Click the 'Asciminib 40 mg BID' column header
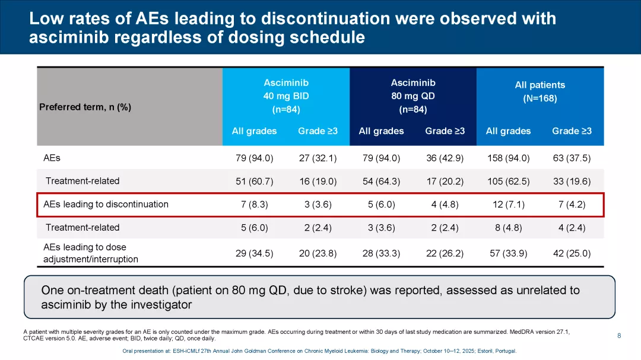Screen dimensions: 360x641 (285, 96)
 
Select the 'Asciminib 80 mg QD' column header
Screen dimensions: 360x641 (412, 96)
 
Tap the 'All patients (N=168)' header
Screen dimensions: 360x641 (540, 92)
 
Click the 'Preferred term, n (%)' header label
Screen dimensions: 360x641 (85, 107)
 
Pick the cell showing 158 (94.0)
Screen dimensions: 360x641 (507, 158)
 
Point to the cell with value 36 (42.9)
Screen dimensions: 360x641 (445, 158)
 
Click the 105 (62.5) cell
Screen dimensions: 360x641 (507, 181)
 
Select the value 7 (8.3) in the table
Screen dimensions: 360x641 (254, 205)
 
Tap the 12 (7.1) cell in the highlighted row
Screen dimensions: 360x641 (507, 205)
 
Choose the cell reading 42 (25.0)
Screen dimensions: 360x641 (571, 253)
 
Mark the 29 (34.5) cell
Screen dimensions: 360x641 (254, 253)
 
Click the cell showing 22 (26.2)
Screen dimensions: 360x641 (445, 253)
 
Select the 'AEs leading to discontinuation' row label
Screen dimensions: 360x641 (106, 205)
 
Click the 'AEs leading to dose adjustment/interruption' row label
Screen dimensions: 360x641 (91, 253)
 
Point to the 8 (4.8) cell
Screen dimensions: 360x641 (507, 228)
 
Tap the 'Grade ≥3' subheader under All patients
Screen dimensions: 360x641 (572, 131)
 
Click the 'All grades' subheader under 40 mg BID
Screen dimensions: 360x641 (254, 131)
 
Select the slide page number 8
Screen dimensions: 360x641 (619, 336)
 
